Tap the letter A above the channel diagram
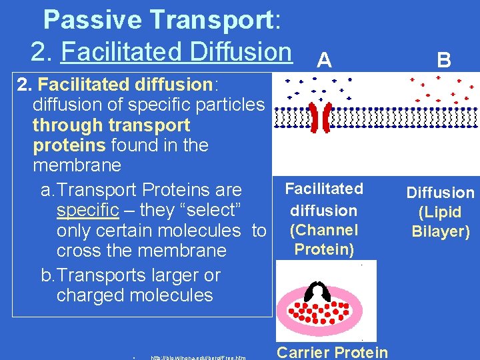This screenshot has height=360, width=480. (324, 61)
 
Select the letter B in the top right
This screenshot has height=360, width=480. (444, 61)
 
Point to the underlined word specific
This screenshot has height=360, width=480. (88, 211)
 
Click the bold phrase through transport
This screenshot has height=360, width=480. (111, 125)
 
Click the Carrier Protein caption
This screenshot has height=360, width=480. (332, 352)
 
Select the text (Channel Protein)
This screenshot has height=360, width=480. (324, 239)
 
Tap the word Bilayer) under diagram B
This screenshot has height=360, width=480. (441, 231)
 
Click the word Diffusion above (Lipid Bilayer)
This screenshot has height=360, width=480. (441, 193)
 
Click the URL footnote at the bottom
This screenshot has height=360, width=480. (198, 357)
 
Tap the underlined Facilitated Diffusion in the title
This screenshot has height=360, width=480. (176, 51)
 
